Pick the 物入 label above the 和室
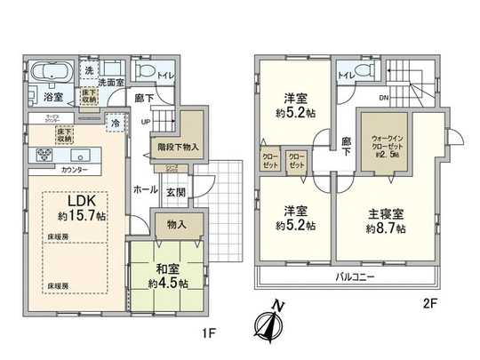176,225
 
